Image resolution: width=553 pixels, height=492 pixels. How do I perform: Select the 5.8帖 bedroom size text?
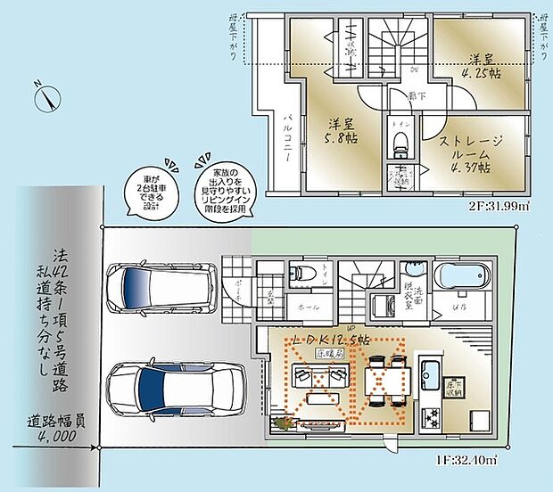(341, 140)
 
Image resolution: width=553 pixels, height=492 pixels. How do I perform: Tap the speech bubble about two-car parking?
(148, 189)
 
